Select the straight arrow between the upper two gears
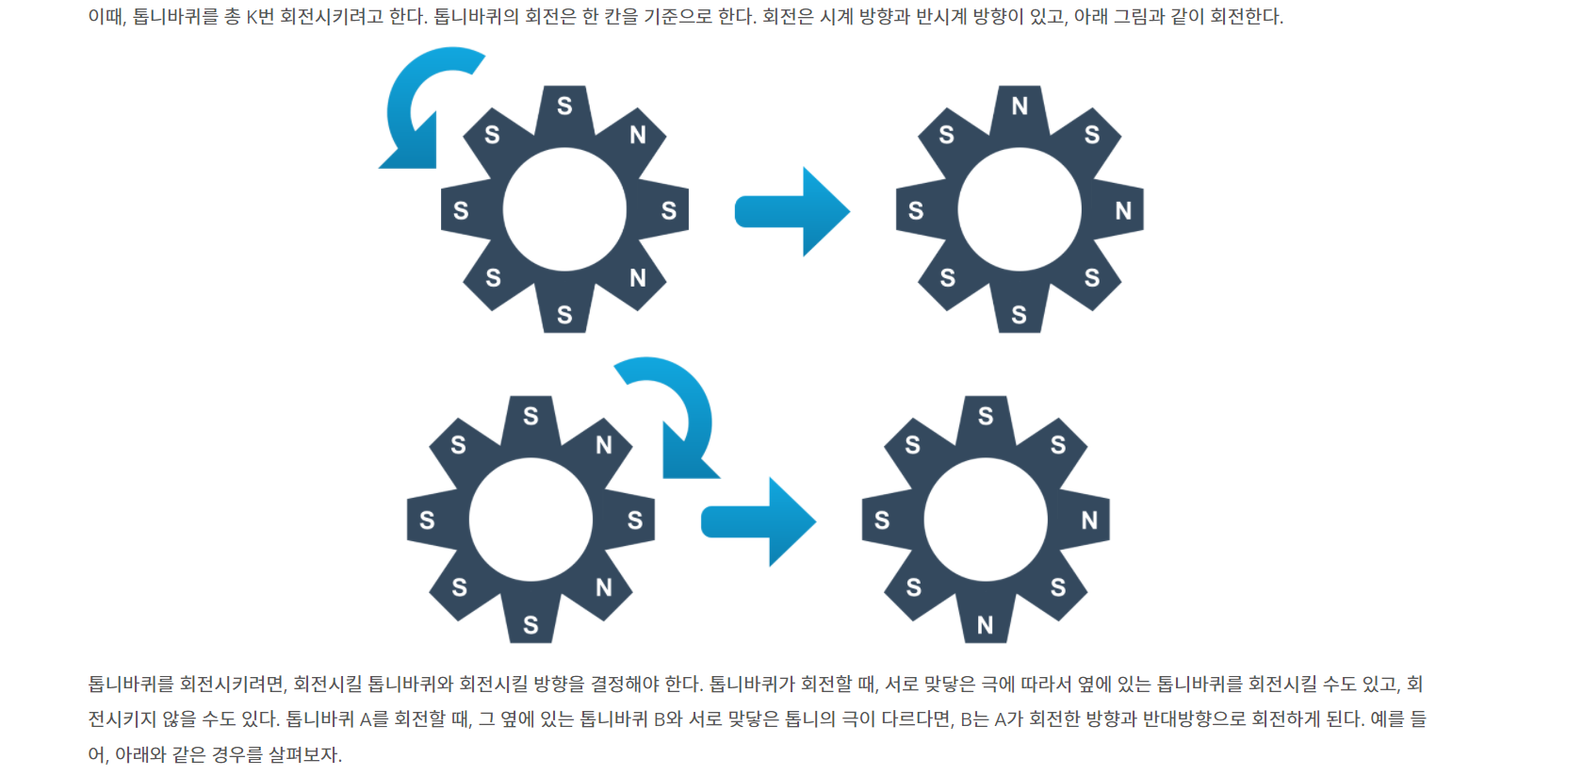click(791, 211)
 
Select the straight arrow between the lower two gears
click(758, 521)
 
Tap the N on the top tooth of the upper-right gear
click(1020, 107)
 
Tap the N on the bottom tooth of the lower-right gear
click(986, 625)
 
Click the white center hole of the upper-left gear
click(564, 209)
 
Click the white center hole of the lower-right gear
click(986, 520)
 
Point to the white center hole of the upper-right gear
click(1020, 209)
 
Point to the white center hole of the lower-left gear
click(530, 520)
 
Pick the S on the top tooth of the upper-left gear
click(564, 107)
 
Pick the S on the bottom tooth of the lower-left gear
click(530, 625)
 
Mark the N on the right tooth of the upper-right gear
click(1123, 210)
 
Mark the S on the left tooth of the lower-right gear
click(882, 520)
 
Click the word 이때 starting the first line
click(105, 17)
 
